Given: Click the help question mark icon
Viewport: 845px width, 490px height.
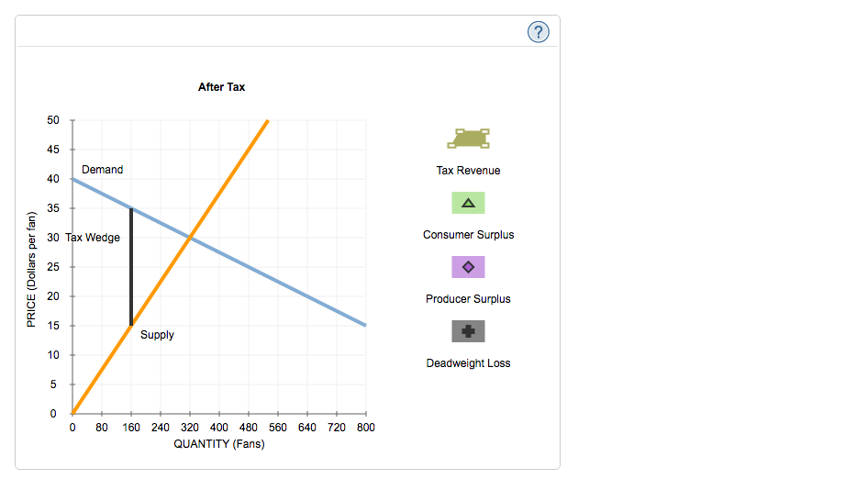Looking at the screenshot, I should [x=539, y=32].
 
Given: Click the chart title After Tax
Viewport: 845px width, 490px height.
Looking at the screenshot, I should [x=221, y=87].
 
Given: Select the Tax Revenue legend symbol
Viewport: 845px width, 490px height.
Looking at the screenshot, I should [x=468, y=138].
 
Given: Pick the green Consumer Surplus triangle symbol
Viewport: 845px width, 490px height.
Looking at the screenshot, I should [x=468, y=203].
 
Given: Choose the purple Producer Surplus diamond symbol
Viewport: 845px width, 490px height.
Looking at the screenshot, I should [x=468, y=267].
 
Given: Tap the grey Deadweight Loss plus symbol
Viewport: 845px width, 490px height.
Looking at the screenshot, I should [x=468, y=331].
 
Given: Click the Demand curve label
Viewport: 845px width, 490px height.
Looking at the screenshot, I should [x=102, y=170].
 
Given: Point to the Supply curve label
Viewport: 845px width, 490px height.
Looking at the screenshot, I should [x=157, y=335].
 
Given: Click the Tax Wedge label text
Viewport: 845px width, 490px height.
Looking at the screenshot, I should [x=93, y=238].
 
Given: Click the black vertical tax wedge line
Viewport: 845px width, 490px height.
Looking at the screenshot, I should [x=131, y=266].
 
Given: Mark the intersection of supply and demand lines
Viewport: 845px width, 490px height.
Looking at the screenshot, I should [x=190, y=238].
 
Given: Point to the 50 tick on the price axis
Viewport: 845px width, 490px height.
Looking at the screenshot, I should [x=53, y=120].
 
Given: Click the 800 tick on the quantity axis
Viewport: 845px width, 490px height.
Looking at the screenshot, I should [x=365, y=428].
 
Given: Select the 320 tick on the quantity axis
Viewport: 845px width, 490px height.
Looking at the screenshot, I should [x=190, y=428].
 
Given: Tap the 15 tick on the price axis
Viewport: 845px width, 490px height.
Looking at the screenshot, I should [x=53, y=326].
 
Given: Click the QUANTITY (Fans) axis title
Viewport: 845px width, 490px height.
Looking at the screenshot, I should [x=219, y=444].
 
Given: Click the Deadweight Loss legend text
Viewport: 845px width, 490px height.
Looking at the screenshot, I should [x=468, y=363].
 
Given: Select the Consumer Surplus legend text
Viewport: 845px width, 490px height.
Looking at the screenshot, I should [x=468, y=235].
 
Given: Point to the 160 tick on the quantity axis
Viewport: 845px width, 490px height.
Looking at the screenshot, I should [x=131, y=428].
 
